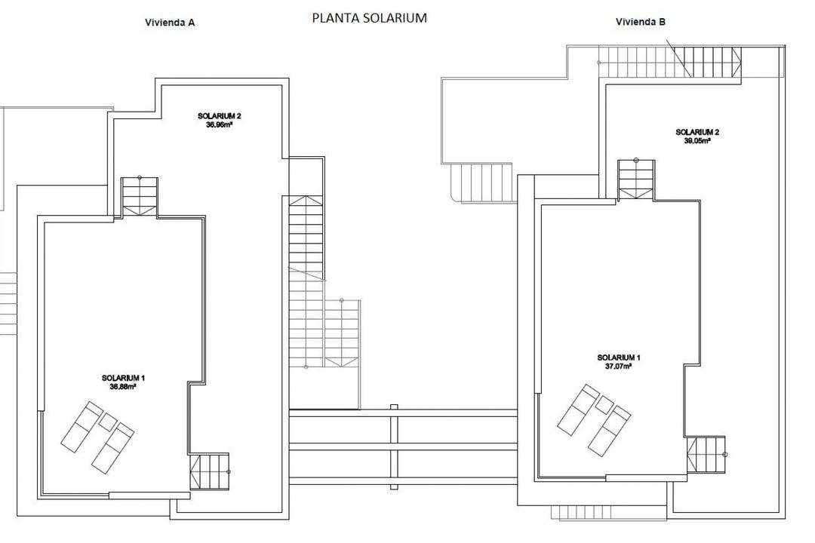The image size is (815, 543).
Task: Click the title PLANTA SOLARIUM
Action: point(369,17)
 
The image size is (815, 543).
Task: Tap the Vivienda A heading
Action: point(170,23)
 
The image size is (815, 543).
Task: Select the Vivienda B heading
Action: point(641,22)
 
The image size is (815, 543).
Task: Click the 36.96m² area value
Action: point(219,124)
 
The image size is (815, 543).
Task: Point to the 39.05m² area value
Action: point(697,140)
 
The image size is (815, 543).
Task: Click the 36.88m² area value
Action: point(123,386)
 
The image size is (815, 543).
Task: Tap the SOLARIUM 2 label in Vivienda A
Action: point(219,116)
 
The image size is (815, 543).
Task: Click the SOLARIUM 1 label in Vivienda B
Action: point(619,357)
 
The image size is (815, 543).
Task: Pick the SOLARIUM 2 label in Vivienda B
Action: point(697,132)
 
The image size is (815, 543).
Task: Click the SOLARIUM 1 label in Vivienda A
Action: point(123,378)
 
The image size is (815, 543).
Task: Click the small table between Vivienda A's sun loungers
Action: point(108,422)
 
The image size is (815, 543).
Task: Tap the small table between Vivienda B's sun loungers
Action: point(604,405)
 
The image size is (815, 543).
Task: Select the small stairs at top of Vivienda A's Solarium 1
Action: point(140,197)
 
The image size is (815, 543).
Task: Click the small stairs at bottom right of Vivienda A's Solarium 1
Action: point(209,472)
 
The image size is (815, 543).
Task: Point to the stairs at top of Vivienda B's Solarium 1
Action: point(635,180)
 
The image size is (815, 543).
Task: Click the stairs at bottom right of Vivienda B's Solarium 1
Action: point(706,455)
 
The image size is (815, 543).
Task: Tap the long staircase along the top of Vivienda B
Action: point(670,61)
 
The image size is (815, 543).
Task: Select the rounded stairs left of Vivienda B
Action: point(482,183)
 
